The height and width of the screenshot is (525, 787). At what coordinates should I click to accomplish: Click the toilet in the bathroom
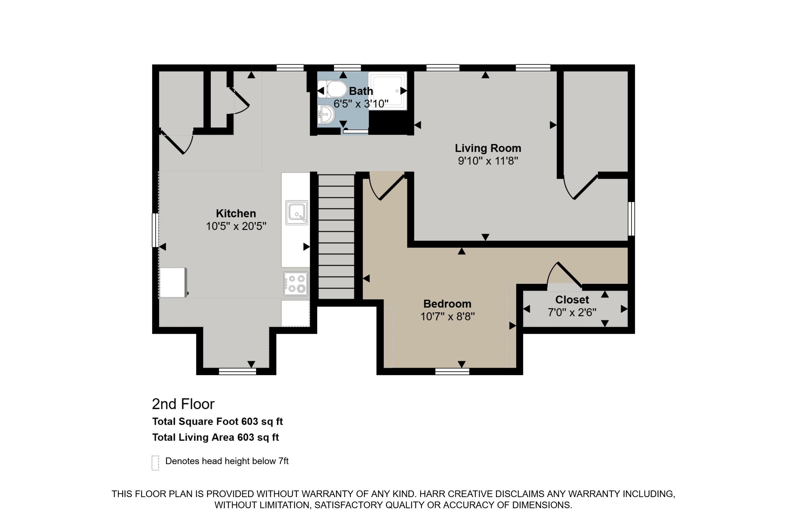point(333,89)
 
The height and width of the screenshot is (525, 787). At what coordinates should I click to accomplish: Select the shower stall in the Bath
point(388,90)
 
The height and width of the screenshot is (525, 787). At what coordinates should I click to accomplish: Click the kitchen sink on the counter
point(297,213)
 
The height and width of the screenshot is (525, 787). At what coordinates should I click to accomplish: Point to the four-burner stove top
point(296,284)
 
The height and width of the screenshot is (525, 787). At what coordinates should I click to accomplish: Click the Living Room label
point(488,148)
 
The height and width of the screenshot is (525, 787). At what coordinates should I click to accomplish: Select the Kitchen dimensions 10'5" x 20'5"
point(236,226)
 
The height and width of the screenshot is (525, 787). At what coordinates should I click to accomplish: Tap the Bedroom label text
point(447,304)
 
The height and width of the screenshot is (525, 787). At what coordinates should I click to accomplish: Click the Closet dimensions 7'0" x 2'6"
point(572,312)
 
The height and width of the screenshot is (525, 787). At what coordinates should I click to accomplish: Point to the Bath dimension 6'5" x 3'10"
point(361,104)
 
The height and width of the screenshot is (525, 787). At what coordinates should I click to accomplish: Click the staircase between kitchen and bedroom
point(336,237)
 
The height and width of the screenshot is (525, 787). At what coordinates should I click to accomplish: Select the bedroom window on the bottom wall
point(452,371)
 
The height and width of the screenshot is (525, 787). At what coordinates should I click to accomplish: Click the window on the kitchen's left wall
point(155,230)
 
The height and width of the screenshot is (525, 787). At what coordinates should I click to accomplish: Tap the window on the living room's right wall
point(631,219)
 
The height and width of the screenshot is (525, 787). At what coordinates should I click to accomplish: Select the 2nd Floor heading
point(183,404)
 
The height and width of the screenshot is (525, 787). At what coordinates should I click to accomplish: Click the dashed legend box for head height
point(155,463)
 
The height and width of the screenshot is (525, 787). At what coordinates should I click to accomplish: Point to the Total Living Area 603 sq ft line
point(215,437)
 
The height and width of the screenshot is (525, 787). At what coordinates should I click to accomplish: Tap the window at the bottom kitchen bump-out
point(237,371)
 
